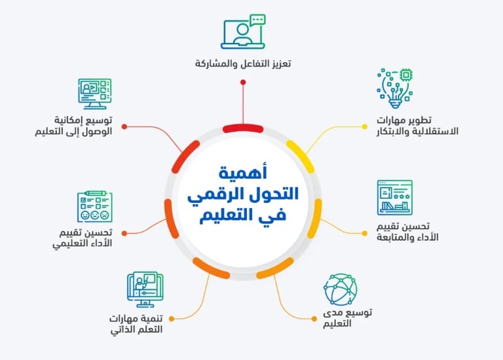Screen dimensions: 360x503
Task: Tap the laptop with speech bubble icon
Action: click(x=243, y=32)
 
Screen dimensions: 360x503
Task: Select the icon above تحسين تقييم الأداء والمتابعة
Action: click(x=395, y=198)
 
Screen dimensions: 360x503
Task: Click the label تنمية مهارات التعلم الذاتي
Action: click(x=135, y=324)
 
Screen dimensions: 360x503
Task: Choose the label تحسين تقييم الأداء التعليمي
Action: click(x=83, y=238)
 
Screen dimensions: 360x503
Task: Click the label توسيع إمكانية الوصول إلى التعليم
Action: click(x=74, y=126)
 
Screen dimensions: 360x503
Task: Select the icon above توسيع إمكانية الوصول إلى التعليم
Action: click(x=95, y=94)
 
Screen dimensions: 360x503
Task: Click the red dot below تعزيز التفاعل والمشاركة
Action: click(x=243, y=82)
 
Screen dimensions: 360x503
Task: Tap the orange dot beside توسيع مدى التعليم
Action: click(x=313, y=318)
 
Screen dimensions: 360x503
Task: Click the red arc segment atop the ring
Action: click(x=243, y=128)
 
